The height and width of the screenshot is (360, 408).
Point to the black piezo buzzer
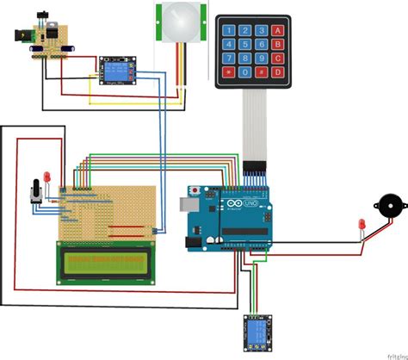tap(386, 209)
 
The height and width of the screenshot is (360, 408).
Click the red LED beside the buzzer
tap(361, 227)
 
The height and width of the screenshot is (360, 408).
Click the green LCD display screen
tap(106, 262)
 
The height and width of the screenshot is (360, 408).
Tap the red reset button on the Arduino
tap(199, 189)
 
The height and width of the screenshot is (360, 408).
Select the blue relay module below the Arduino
tap(255, 331)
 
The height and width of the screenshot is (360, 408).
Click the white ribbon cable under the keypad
tap(256, 125)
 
